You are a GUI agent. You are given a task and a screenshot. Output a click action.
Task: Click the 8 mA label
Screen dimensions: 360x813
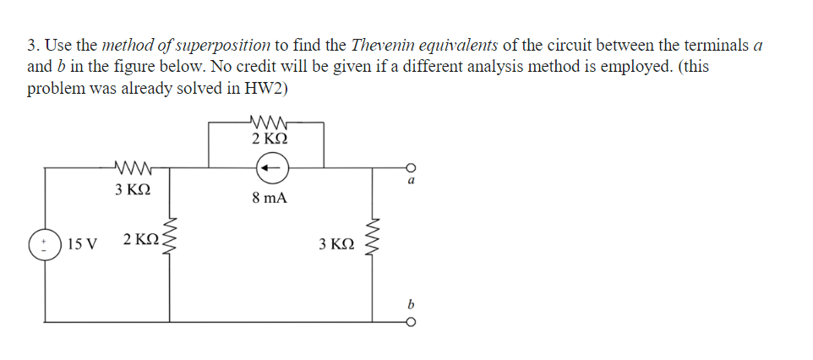click(x=270, y=199)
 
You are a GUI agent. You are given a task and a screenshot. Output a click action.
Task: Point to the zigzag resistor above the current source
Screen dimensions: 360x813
click(x=269, y=122)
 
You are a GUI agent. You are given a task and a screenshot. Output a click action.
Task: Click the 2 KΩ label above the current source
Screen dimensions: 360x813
click(x=270, y=138)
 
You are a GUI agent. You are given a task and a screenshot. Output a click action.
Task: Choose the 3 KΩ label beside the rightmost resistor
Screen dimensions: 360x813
click(x=336, y=244)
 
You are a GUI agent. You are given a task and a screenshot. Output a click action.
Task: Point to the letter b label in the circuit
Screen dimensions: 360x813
click(x=411, y=303)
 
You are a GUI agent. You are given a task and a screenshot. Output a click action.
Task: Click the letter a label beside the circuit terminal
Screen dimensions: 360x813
click(x=411, y=180)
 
